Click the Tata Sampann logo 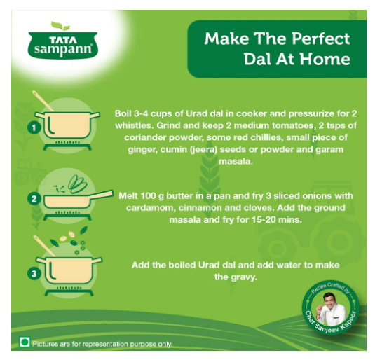coord(63,41)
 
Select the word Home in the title coord(325,59)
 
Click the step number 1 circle coord(34,127)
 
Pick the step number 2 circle coord(34,199)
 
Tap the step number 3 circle coord(34,273)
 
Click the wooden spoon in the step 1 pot coord(43,101)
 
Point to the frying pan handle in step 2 coord(102,194)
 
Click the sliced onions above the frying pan coord(77,184)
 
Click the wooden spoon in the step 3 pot coord(43,246)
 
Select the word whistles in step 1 coord(134,125)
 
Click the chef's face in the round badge coord(329,300)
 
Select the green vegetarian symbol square coord(25,342)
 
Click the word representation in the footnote coord(105,345)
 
